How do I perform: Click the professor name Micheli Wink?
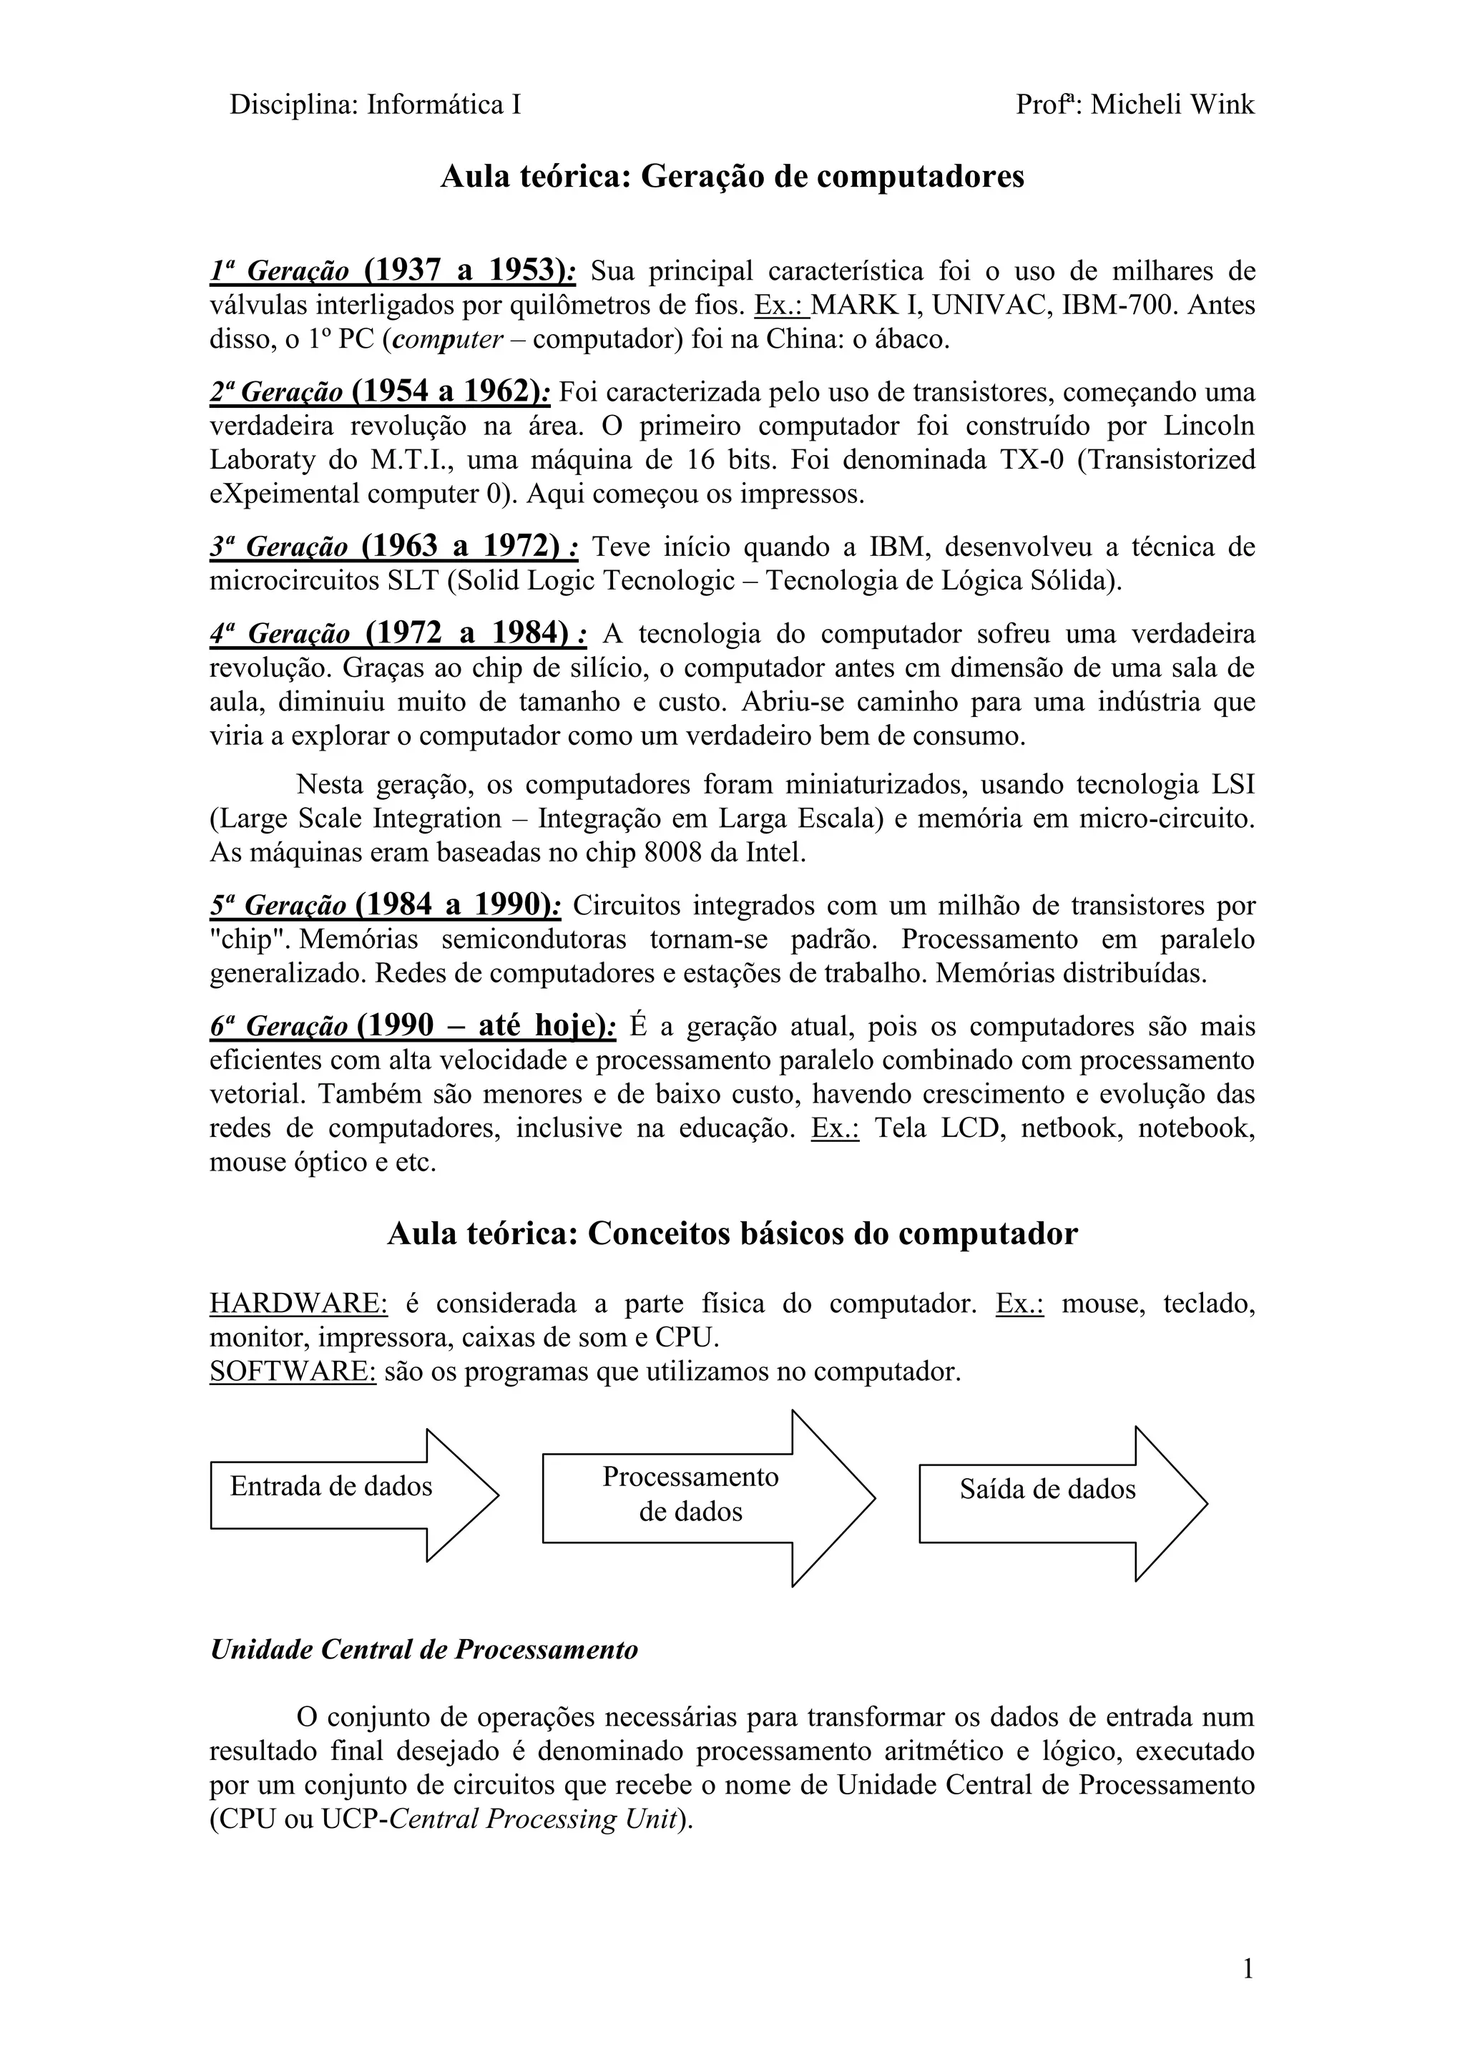[1172, 106]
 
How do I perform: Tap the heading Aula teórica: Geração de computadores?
[732, 177]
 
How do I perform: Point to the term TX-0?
[1032, 460]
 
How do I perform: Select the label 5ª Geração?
[278, 905]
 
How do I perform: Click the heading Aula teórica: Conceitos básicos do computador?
[732, 1234]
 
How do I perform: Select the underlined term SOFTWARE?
[293, 1372]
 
